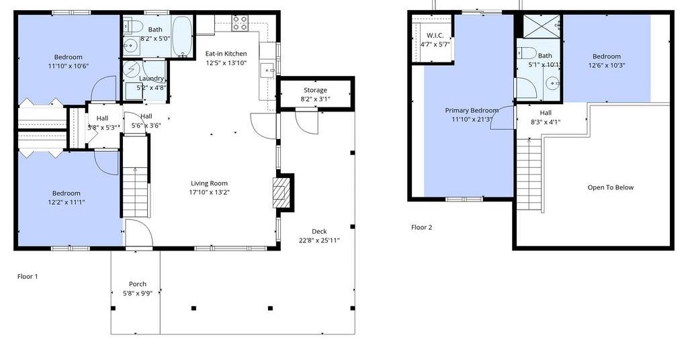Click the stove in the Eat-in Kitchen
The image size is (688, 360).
(240, 23)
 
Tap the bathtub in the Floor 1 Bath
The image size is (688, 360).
(181, 36)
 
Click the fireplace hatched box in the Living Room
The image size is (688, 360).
(282, 191)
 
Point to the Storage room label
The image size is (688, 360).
(315, 90)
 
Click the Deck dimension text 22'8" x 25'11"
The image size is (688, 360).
(319, 240)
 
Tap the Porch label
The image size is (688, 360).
(137, 284)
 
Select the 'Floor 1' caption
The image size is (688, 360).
(28, 276)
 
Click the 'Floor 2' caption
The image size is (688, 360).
(422, 227)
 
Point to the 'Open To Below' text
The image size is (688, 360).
(610, 187)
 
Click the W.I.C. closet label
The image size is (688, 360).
(435, 35)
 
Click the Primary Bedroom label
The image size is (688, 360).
(472, 111)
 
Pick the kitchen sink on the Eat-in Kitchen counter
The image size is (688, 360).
(267, 70)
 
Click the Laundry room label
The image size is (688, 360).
(151, 79)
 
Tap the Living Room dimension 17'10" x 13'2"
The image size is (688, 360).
(210, 192)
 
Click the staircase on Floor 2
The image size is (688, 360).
(529, 174)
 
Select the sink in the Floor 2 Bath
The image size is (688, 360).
(552, 82)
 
